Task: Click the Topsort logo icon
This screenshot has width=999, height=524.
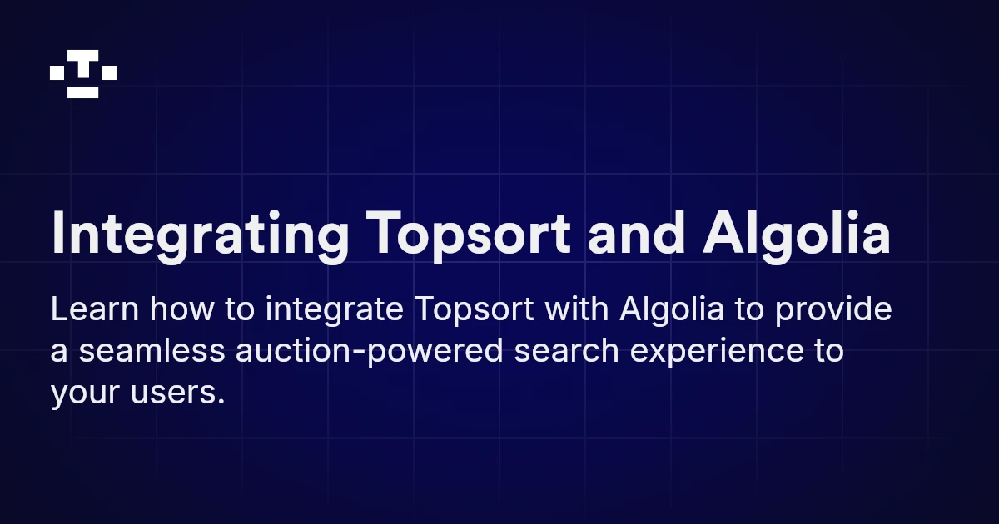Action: point(83,74)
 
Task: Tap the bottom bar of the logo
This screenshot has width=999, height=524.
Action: point(83,91)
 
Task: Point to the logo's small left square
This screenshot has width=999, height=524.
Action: point(57,73)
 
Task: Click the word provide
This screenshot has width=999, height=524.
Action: point(832,312)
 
